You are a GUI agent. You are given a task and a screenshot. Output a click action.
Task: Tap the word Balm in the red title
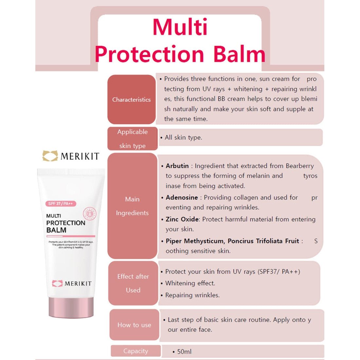pos(239,54)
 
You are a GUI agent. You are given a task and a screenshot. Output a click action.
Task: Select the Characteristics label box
pos(132,99)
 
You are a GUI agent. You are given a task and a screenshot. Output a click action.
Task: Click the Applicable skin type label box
pos(133,139)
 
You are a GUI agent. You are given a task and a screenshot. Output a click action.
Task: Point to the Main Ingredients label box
pos(132,206)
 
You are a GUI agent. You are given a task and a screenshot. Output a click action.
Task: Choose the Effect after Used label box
pos(133,283)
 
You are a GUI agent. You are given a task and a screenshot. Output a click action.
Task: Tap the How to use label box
pos(134,325)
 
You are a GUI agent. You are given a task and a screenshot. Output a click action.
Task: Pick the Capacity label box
pos(135,351)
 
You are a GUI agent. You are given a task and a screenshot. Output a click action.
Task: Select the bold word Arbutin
pos(177,166)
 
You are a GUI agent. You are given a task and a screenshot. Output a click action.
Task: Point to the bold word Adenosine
pos(182,197)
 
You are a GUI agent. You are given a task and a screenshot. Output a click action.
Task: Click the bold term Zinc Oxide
pos(182,219)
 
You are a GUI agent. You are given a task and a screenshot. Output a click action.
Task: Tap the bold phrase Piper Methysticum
pos(194,241)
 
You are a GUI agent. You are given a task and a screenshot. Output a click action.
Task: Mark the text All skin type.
pos(183,137)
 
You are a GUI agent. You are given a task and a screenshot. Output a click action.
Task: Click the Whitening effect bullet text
pos(190,283)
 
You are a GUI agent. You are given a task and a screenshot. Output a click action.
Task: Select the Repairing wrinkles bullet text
pos(192,295)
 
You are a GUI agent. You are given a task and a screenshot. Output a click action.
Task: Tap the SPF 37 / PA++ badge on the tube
pos(61,204)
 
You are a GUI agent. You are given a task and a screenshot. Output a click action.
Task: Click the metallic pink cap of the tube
pos(71,308)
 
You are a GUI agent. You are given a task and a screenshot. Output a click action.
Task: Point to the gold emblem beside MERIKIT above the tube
pos(50,156)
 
